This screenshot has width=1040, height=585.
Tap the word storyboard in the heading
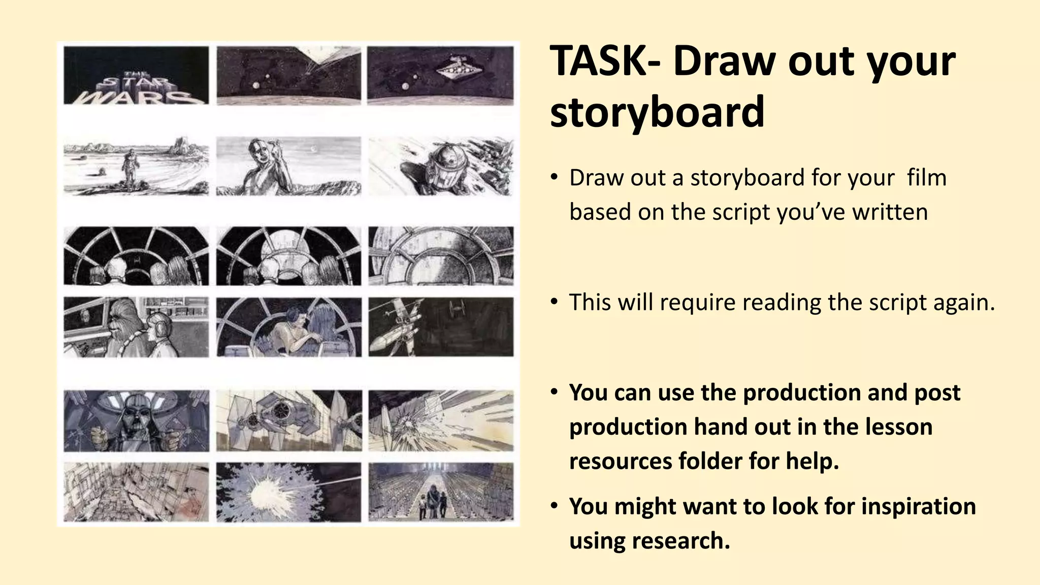click(x=657, y=112)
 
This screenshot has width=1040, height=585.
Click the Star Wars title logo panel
click(x=136, y=75)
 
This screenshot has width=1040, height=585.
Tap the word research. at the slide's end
click(x=680, y=540)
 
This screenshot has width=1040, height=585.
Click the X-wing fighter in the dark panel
click(x=399, y=325)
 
